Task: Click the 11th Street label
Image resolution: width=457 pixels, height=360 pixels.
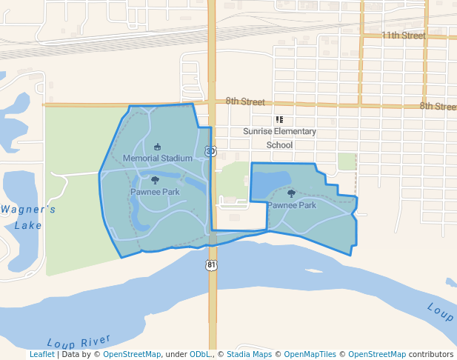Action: click(x=403, y=36)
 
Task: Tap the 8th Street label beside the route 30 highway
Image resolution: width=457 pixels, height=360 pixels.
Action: click(x=245, y=101)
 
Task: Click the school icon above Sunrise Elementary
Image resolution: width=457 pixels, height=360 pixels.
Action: click(x=279, y=119)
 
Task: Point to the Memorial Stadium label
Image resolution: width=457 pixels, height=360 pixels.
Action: click(x=157, y=159)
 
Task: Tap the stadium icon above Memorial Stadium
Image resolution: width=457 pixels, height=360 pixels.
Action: click(x=157, y=147)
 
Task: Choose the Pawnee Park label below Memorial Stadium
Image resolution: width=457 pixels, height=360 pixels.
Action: click(x=155, y=192)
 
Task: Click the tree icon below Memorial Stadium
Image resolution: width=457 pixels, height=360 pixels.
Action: click(x=155, y=180)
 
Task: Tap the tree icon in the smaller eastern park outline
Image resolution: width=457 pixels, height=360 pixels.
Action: click(x=291, y=193)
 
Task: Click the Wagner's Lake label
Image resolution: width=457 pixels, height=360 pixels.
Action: click(x=28, y=217)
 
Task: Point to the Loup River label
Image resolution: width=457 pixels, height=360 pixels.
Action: click(x=78, y=342)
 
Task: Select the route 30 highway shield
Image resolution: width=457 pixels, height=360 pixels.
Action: click(x=212, y=151)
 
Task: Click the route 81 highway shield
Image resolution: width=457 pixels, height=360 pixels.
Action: click(x=213, y=264)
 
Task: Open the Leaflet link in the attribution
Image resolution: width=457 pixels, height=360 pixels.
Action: click(x=41, y=355)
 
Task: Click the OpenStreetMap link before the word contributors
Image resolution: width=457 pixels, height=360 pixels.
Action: click(x=377, y=355)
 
